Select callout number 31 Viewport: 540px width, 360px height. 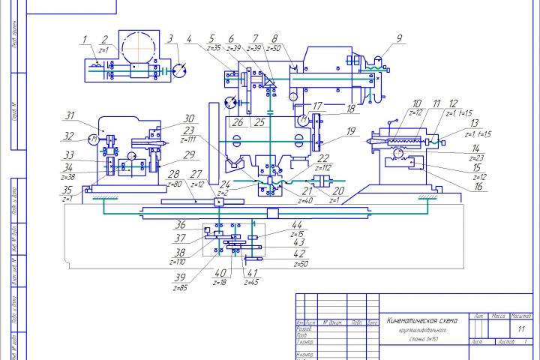[70, 116]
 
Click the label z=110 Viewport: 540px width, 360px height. [178, 262]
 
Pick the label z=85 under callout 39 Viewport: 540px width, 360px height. [181, 288]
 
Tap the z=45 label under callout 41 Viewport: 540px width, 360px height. [253, 283]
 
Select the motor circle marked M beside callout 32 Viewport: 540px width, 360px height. [93, 138]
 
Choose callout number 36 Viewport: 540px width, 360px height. [180, 224]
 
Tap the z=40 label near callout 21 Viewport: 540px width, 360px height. [305, 201]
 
